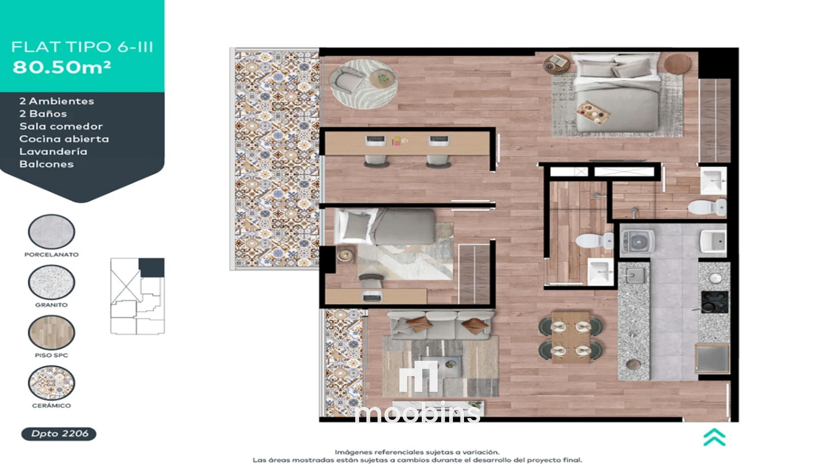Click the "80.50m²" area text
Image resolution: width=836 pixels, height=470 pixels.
[62, 67]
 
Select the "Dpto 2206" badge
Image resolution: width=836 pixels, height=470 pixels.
[58, 434]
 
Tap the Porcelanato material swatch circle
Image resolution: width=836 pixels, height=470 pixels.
[51, 232]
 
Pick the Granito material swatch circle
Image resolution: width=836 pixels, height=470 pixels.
[51, 282]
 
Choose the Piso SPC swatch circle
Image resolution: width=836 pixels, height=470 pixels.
[51, 332]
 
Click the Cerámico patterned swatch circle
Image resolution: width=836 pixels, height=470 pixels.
[51, 383]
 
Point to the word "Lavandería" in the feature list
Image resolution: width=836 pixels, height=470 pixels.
[53, 151]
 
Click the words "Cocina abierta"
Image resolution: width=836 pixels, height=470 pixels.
[64, 139]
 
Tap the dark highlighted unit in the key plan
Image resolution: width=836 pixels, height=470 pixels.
[151, 267]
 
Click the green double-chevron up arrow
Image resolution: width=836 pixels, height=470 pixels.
[715, 437]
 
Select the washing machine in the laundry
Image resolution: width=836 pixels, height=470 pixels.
[637, 241]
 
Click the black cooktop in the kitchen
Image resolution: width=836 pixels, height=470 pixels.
[715, 302]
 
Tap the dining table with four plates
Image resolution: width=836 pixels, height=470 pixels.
[571, 337]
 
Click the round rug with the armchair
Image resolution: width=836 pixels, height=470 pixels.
[363, 83]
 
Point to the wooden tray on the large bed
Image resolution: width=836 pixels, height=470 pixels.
[593, 113]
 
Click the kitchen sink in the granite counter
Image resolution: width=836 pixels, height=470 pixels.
[635, 276]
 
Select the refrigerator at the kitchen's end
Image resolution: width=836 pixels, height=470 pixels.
[712, 359]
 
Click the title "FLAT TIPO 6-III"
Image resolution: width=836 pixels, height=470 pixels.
[82, 47]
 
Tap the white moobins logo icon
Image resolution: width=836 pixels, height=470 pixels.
[418, 376]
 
